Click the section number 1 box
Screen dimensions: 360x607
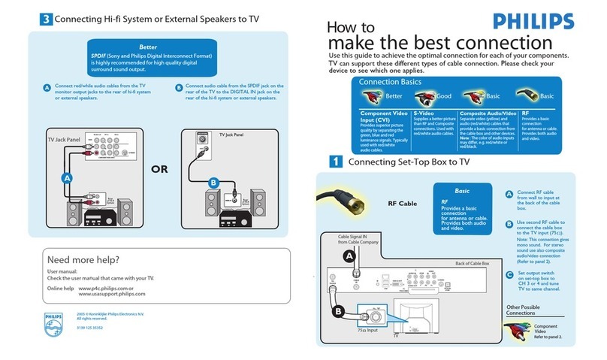tap(337, 161)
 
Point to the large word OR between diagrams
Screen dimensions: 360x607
tap(159, 169)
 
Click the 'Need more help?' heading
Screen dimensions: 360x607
tap(83, 260)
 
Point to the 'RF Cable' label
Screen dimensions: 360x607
tap(402, 203)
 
